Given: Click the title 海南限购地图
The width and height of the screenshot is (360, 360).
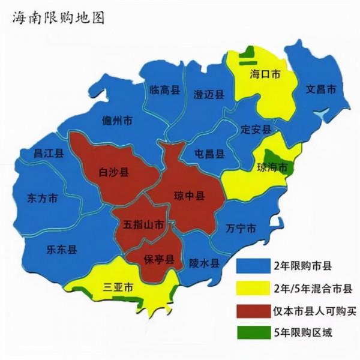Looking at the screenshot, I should [58, 17].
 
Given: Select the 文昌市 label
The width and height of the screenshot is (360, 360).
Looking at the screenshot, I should [321, 89].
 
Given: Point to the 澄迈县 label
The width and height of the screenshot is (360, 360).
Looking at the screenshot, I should [209, 94].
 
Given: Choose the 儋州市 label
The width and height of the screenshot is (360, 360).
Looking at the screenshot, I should [117, 121].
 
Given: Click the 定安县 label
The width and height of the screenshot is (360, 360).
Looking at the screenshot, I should [256, 128].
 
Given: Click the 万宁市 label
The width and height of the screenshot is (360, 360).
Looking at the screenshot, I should [241, 229].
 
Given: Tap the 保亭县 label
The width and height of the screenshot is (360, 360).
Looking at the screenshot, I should [159, 259].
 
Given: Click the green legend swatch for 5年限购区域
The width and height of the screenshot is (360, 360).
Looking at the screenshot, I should [252, 332].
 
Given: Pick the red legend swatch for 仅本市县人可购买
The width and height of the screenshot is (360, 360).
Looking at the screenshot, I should [252, 310].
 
